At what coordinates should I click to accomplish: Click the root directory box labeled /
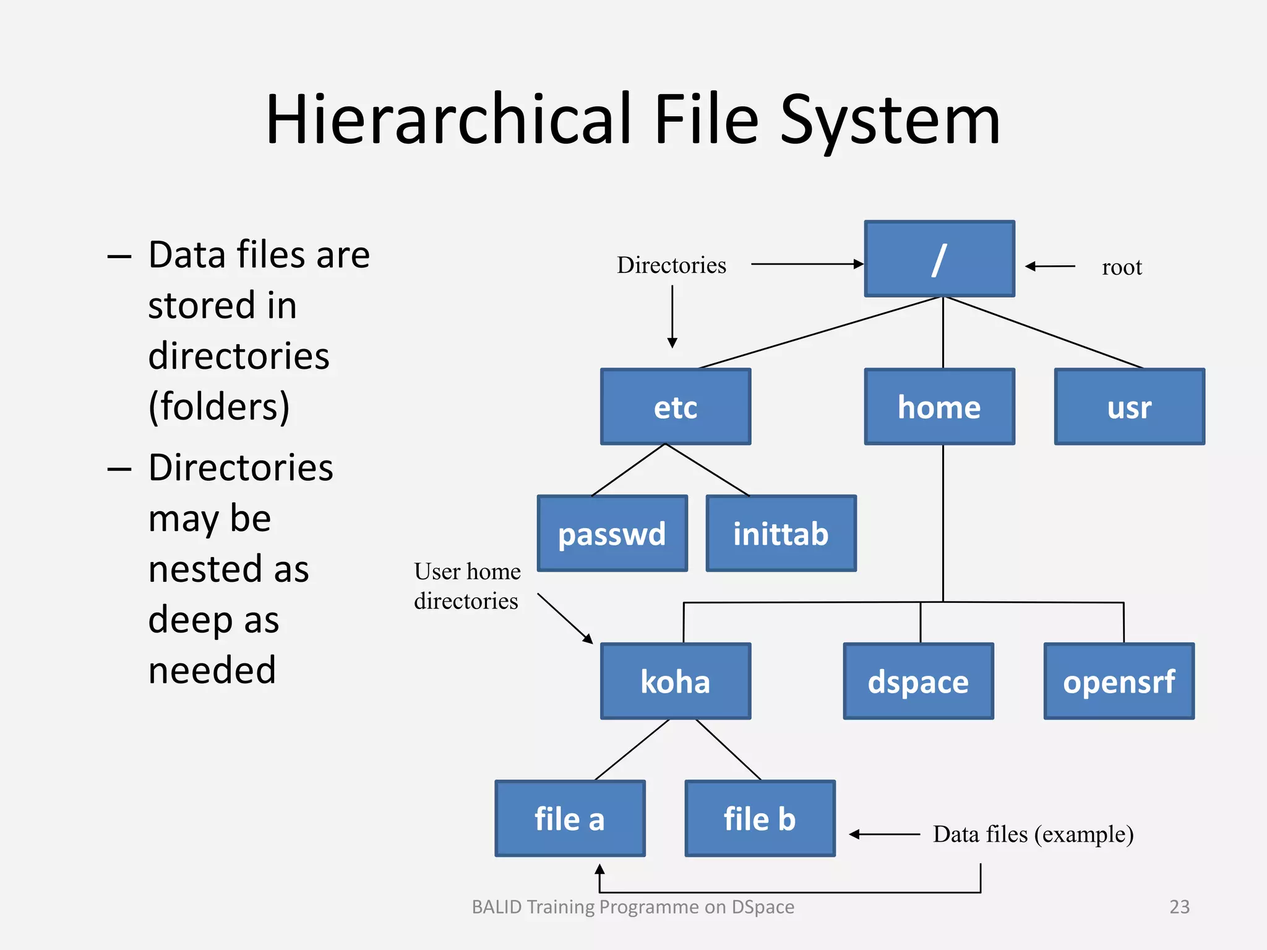[939, 259]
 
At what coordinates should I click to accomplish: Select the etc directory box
[676, 407]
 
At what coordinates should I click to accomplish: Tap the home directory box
[939, 407]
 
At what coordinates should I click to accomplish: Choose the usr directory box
[1129, 407]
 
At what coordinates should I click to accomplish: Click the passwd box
[612, 533]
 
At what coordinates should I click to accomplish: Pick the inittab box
[781, 533]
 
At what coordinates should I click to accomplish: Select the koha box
[676, 681]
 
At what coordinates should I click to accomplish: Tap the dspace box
[918, 681]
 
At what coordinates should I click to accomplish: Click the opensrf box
[1119, 681]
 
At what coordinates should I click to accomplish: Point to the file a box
[570, 818]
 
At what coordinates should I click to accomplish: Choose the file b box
[760, 818]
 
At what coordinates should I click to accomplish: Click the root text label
[1122, 267]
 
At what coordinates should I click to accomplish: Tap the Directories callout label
[671, 265]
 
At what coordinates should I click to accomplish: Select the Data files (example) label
[1033, 834]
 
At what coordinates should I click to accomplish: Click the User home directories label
[467, 585]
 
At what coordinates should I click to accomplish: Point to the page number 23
[1179, 907]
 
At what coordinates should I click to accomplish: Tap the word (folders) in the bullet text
[219, 407]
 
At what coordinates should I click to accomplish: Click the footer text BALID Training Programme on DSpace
[633, 907]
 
